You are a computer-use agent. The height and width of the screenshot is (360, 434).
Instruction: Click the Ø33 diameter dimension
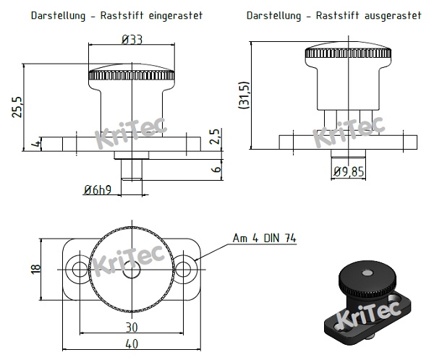131,38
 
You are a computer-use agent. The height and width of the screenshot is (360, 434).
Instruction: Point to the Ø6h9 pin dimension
97,189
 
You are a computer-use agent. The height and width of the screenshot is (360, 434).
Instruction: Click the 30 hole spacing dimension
131,325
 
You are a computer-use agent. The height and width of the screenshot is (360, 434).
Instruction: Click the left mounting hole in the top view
78,269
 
